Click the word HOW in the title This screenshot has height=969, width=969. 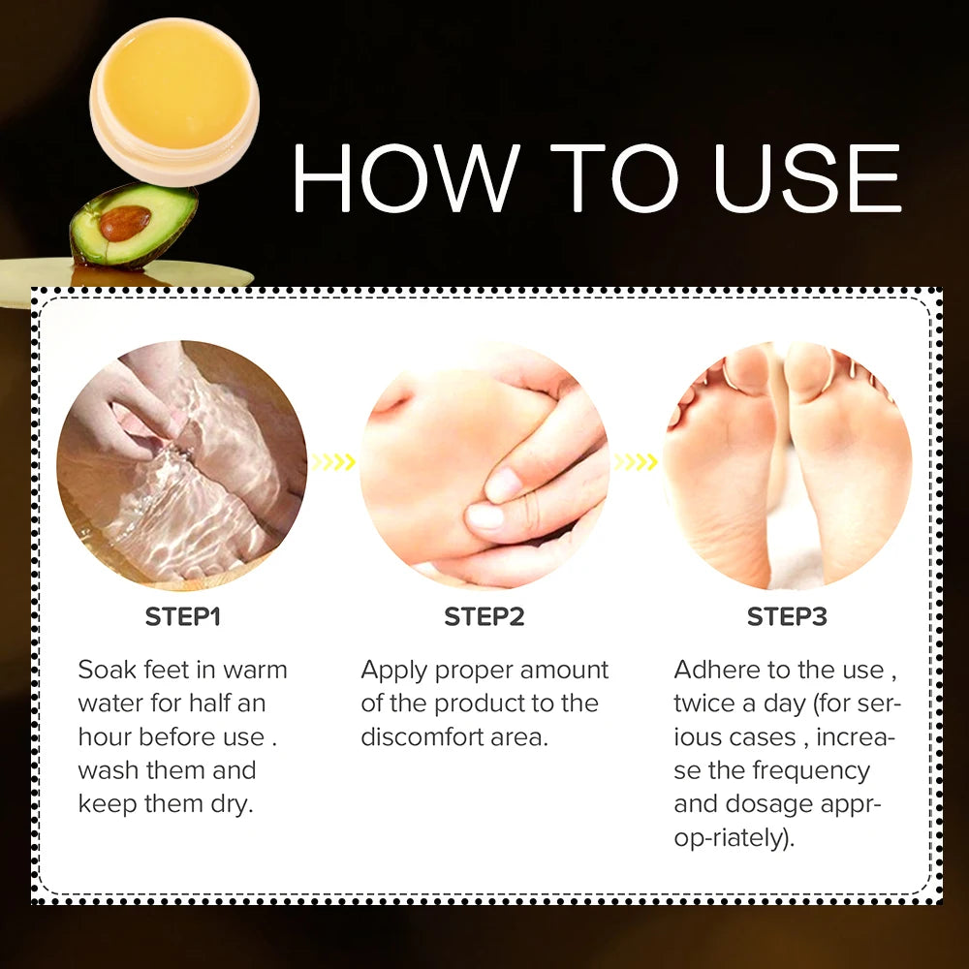tap(406, 177)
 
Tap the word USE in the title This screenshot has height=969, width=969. tap(808, 177)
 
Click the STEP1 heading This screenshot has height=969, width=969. tap(182, 616)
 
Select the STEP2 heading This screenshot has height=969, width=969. tap(484, 616)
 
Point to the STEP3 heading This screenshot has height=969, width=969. tap(787, 616)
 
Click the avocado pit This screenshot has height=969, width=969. tap(125, 223)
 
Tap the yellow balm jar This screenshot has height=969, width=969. tap(174, 101)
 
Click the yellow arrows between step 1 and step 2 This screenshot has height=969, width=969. tap(332, 461)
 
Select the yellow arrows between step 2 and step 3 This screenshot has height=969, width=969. tap(635, 461)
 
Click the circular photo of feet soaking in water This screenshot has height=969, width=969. tap(182, 465)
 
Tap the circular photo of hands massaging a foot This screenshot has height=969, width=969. tap(484, 465)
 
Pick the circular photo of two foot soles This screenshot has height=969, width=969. tap(787, 465)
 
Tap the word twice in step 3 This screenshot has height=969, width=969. tap(703, 703)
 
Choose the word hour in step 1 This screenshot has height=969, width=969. tap(105, 736)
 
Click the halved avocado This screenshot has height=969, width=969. tap(134, 225)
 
